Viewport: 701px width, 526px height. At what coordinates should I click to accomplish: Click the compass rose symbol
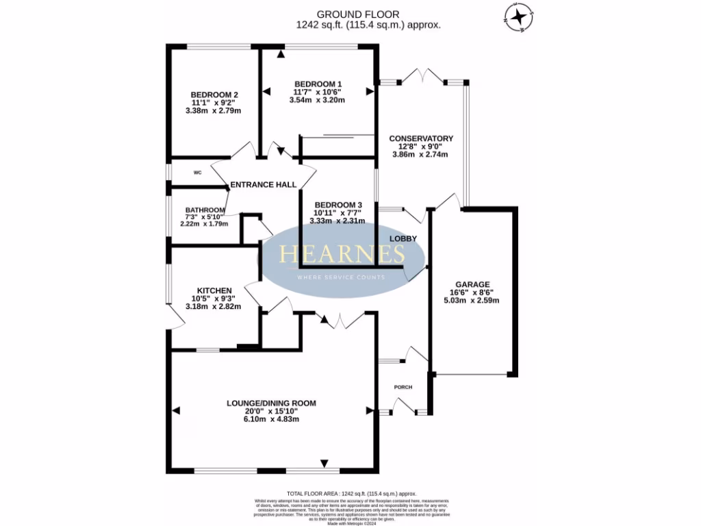pos(520,17)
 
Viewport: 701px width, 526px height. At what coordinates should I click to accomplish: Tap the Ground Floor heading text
pos(368,14)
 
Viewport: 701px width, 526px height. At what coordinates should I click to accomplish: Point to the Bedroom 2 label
pos(214,95)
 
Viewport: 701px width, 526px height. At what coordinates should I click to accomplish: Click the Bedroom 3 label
pos(337,205)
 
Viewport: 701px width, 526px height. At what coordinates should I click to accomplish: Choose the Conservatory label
pos(420,138)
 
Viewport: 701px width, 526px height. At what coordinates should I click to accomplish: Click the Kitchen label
pos(214,290)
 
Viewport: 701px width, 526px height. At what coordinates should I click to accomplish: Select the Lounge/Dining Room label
pos(272,403)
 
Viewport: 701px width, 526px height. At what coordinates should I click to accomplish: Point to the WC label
pos(197,173)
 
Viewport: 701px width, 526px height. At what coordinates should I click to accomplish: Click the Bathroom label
pos(205,210)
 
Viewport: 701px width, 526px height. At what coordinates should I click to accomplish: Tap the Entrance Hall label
pos(264,184)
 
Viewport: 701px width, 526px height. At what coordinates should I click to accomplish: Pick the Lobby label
pos(403,238)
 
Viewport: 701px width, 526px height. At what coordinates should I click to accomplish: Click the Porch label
pos(403,387)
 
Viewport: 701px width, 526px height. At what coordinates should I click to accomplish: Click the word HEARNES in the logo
pos(342,255)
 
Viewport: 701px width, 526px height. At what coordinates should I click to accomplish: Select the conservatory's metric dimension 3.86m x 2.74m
pos(420,154)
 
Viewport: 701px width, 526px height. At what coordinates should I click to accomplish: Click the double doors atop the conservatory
pos(423,75)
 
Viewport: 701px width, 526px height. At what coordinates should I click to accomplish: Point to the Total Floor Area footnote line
pos(351,494)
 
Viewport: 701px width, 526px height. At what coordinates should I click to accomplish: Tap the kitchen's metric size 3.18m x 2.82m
pos(214,306)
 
